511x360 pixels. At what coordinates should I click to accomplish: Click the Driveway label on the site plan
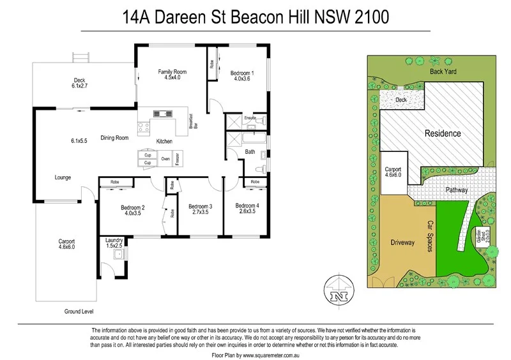tap(402, 243)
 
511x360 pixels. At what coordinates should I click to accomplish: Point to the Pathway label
tap(456, 190)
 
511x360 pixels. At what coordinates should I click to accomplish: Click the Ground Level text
tap(79, 311)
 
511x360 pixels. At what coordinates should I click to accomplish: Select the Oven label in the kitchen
tap(165, 159)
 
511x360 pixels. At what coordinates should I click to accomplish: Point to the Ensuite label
tap(250, 118)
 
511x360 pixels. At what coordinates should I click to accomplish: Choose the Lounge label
tap(63, 177)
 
